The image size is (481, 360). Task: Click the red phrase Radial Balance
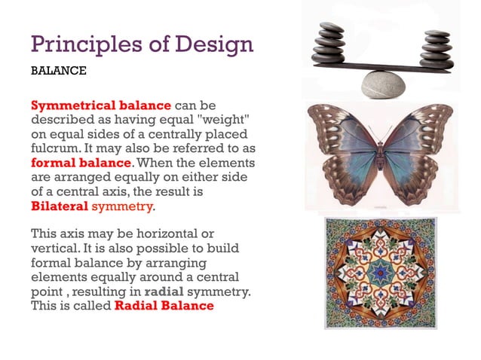[x=164, y=305]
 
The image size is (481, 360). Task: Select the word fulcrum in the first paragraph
[x=55, y=148]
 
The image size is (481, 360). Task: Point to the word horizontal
[x=171, y=233]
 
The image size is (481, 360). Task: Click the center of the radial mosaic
[x=380, y=273]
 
